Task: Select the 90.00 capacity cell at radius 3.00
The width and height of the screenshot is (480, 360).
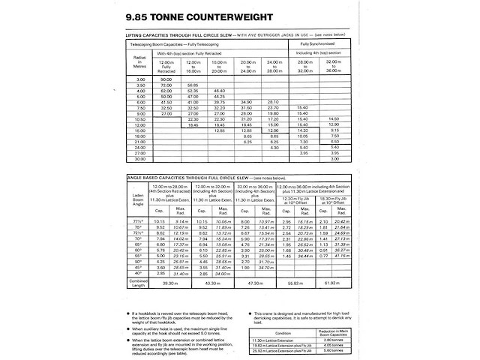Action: [x=166, y=79]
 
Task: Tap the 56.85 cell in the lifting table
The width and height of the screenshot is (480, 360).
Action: [x=193, y=85]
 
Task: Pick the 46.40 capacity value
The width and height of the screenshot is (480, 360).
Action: [x=218, y=91]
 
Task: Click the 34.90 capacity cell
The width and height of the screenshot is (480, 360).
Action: [x=246, y=102]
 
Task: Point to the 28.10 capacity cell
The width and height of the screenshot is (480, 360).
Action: [x=273, y=102]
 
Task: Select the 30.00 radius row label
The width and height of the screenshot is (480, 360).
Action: [x=139, y=158]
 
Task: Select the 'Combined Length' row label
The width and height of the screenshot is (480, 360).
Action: [x=138, y=283]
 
